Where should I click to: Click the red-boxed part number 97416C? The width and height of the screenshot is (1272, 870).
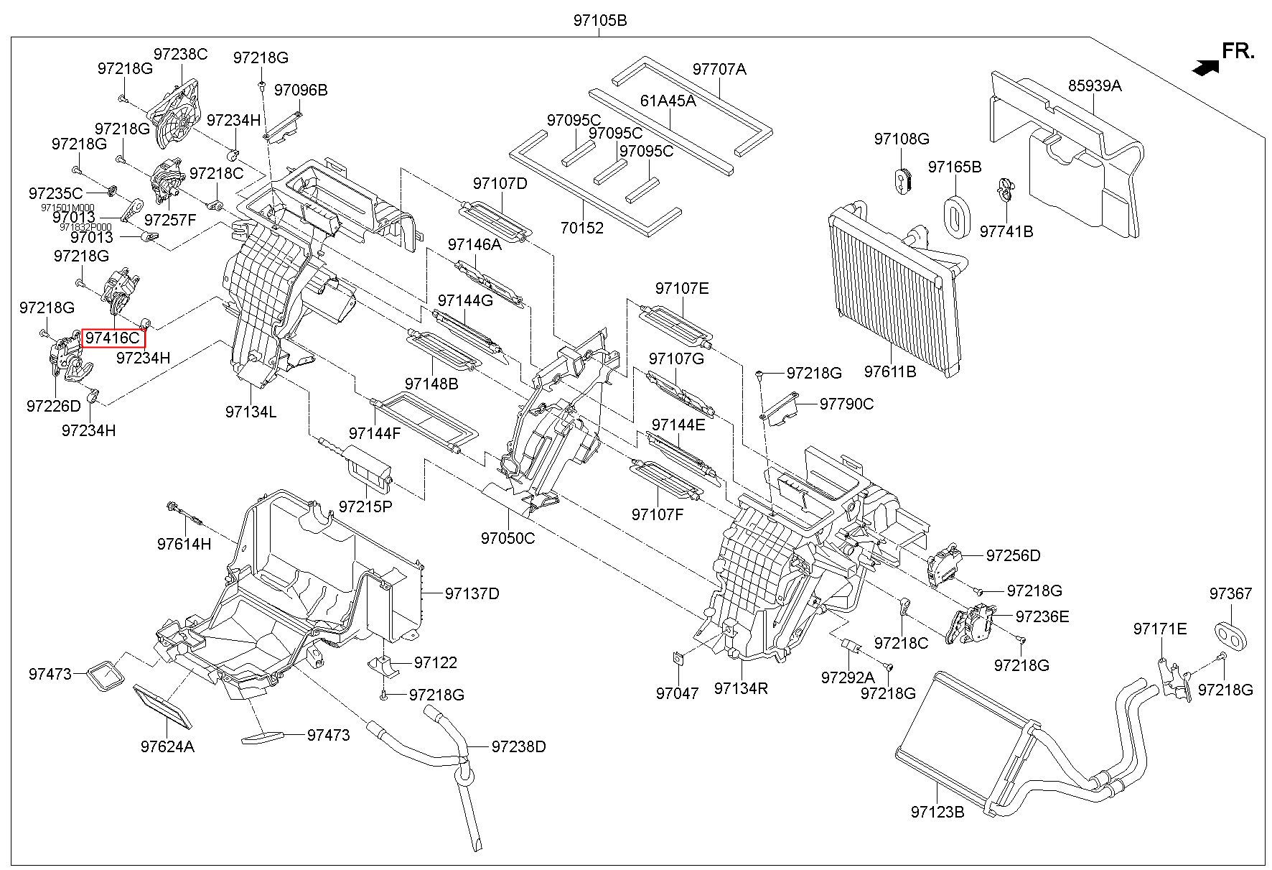(x=113, y=338)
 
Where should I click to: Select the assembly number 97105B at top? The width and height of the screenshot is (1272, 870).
(x=599, y=21)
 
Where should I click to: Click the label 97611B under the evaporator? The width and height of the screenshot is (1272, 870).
(x=890, y=371)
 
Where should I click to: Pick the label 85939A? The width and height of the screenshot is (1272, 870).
(x=1094, y=85)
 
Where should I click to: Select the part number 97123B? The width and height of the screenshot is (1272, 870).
(x=937, y=812)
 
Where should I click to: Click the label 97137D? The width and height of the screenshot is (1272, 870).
(x=472, y=593)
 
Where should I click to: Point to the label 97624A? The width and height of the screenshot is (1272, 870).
(x=167, y=746)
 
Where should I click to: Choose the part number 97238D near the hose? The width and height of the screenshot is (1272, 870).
(x=518, y=746)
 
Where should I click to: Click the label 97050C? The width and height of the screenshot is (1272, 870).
(x=508, y=537)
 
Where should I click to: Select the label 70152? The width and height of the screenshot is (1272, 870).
(x=581, y=228)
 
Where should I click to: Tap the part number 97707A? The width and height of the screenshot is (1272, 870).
(x=719, y=69)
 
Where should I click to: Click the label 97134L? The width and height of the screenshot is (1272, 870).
(x=251, y=412)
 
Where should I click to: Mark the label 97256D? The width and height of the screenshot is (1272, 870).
(x=1012, y=555)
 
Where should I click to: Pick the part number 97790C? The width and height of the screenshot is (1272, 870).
(x=846, y=404)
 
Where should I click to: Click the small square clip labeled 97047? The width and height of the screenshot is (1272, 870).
(x=678, y=658)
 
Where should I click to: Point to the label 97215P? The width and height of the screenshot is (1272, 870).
(x=365, y=506)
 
